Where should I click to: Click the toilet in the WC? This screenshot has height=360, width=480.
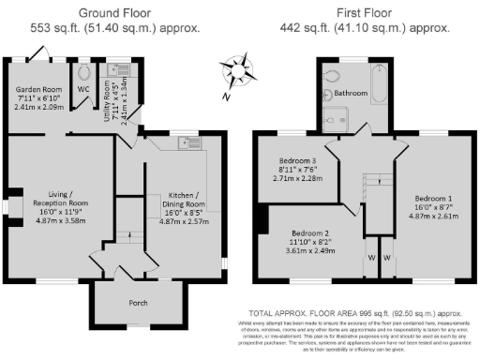pyautogui.click(x=85, y=71)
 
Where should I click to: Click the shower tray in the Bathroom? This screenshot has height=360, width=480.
pyautogui.click(x=335, y=117)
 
